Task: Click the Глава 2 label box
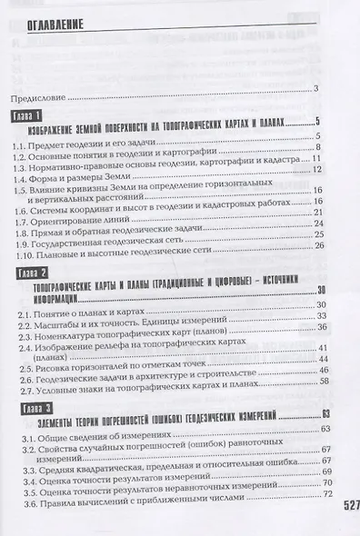point(33,272)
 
